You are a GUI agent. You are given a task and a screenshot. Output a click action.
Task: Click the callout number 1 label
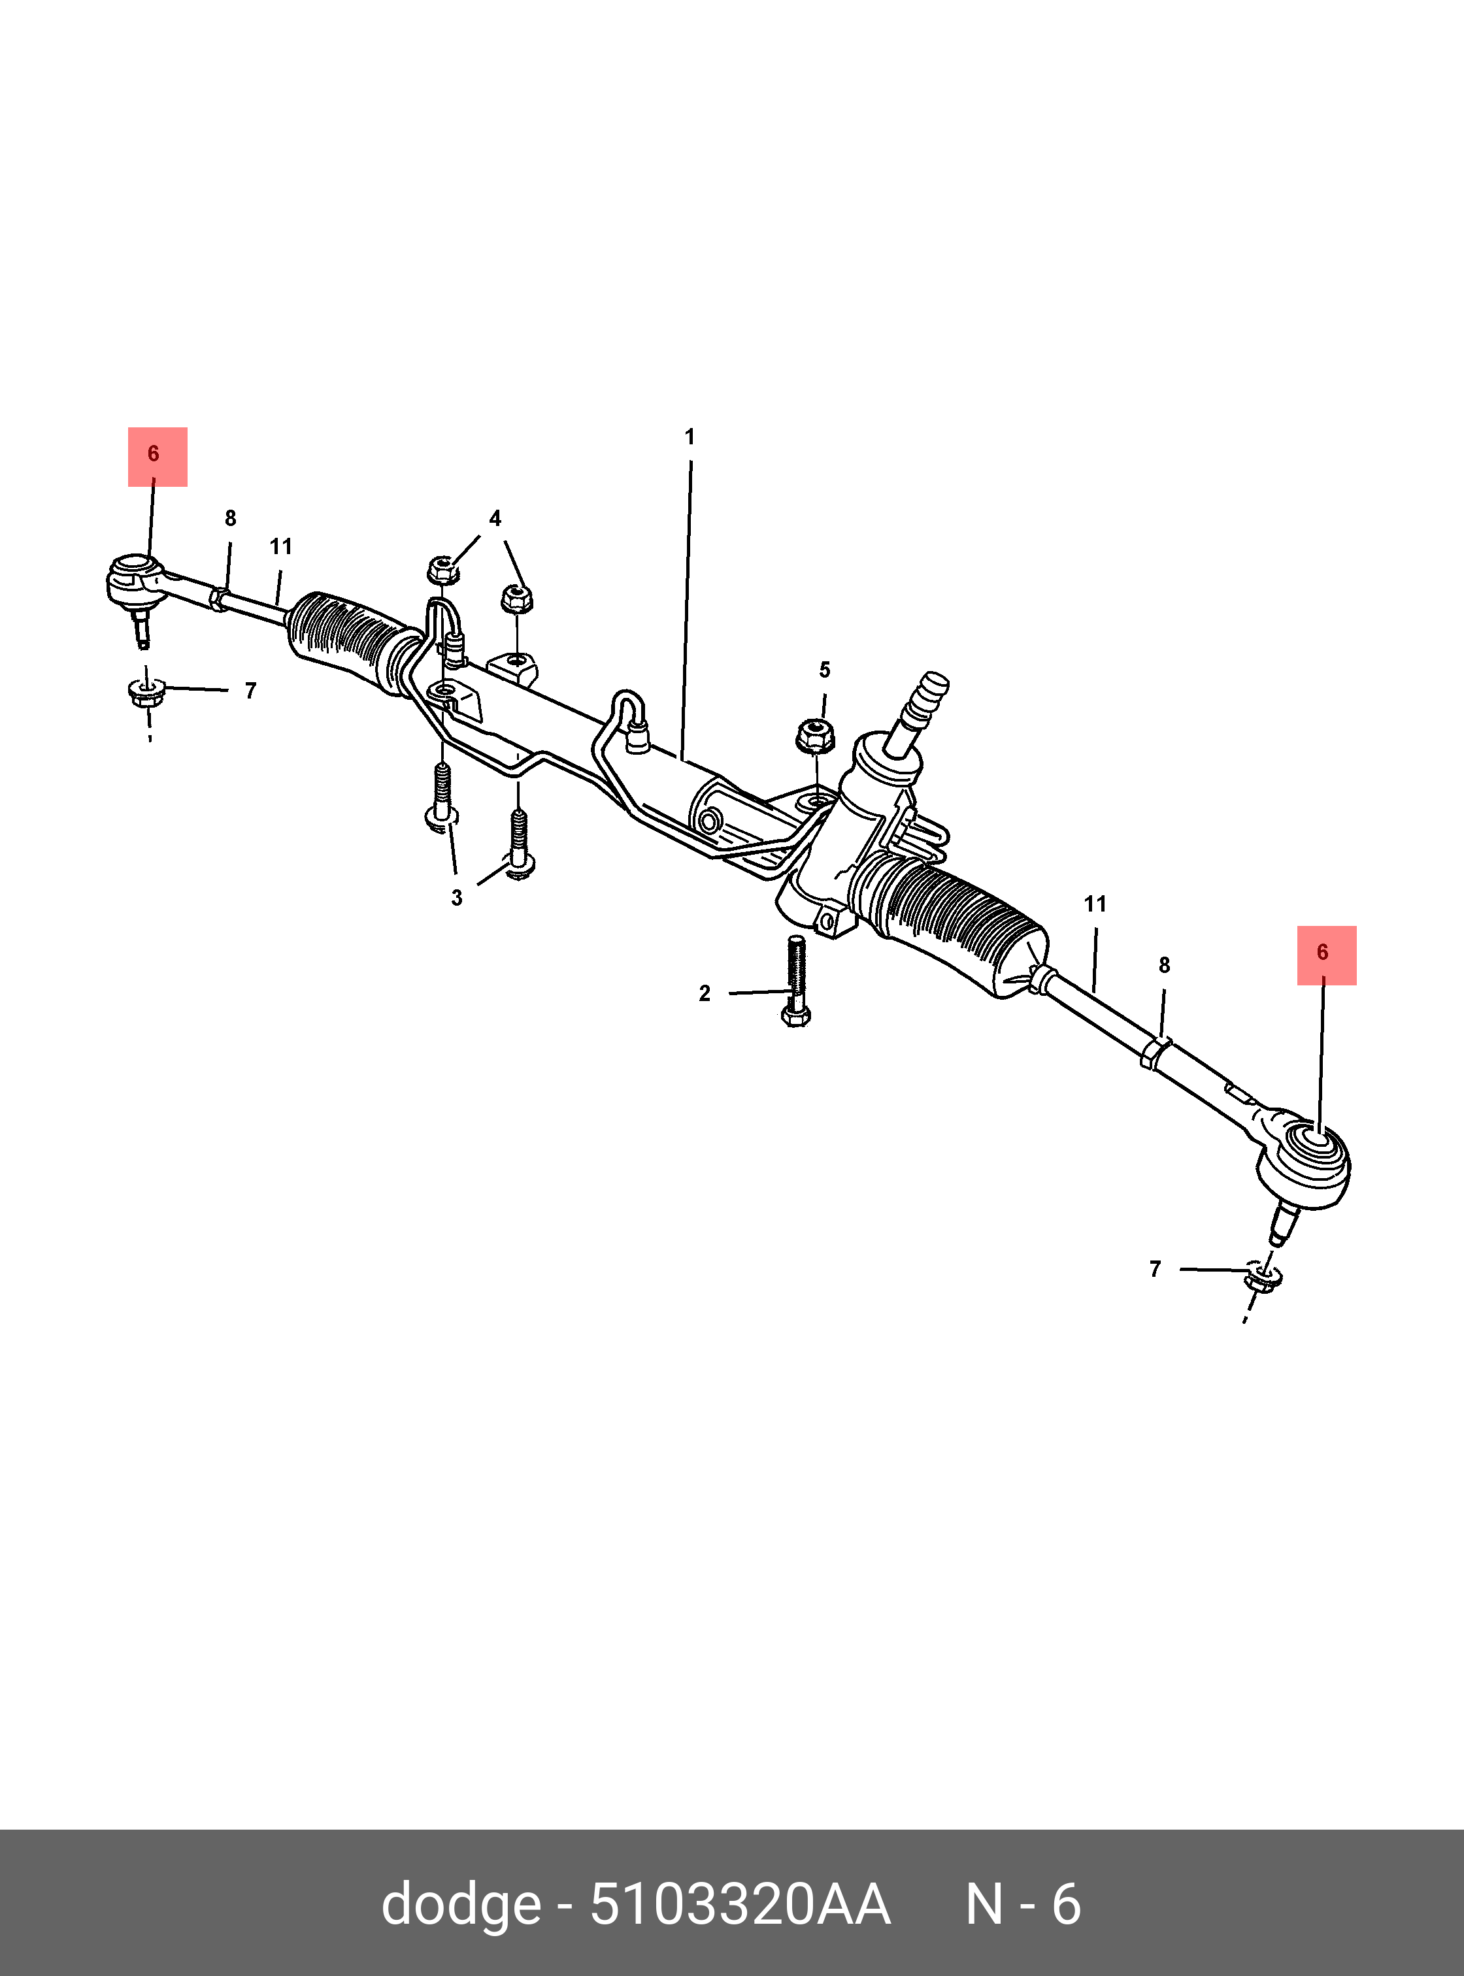690,437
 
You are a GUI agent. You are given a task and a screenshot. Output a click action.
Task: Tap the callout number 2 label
705,993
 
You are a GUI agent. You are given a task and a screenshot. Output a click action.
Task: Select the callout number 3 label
456,898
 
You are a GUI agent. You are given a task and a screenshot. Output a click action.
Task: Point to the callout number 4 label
495,518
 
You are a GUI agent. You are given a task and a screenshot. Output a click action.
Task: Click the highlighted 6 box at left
157,456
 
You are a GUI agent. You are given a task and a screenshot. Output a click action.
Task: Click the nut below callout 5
814,734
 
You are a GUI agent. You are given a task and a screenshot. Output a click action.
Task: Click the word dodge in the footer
461,1903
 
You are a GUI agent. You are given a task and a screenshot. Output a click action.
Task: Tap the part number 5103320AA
739,1903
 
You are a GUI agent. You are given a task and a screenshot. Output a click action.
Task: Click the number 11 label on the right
1095,905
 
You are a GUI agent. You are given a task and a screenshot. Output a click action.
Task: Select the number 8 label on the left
231,518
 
